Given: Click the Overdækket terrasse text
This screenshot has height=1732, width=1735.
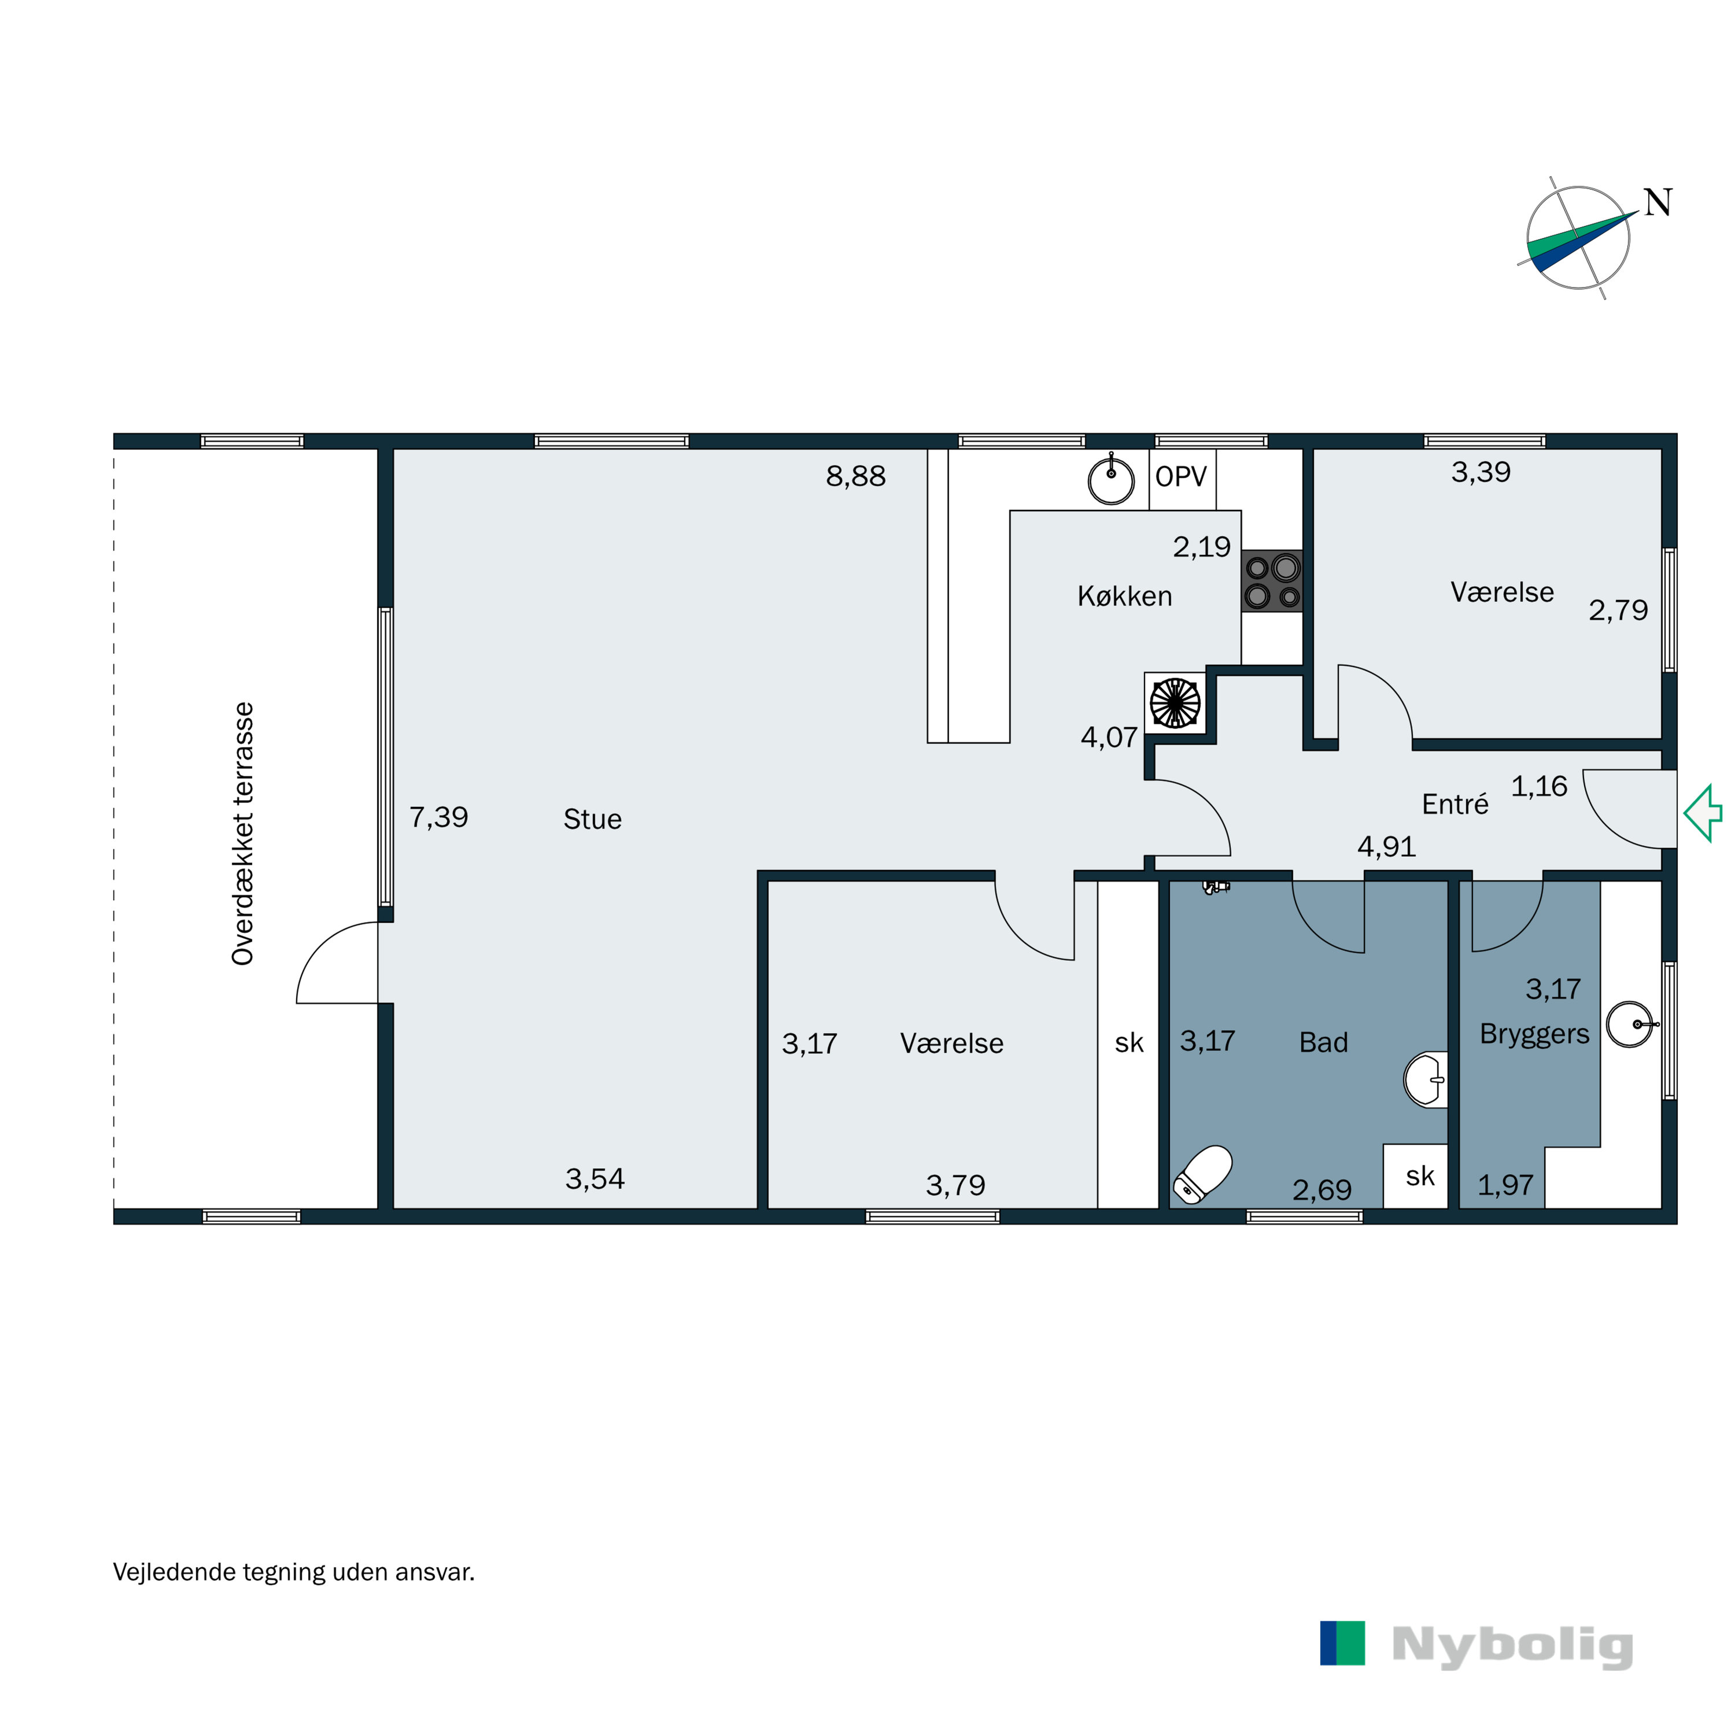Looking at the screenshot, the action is pyautogui.click(x=242, y=834).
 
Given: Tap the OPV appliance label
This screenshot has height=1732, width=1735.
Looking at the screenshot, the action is pyautogui.click(x=1181, y=477).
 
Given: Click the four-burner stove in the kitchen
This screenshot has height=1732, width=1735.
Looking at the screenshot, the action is pyautogui.click(x=1272, y=582).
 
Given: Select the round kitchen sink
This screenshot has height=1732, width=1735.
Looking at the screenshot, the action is pyautogui.click(x=1111, y=480).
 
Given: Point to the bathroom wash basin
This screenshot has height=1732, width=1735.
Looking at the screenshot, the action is pyautogui.click(x=1425, y=1079).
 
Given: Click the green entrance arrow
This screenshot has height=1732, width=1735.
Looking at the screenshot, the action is pyautogui.click(x=1702, y=813).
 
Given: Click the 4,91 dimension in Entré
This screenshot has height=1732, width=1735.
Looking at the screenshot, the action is pyautogui.click(x=1387, y=847).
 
